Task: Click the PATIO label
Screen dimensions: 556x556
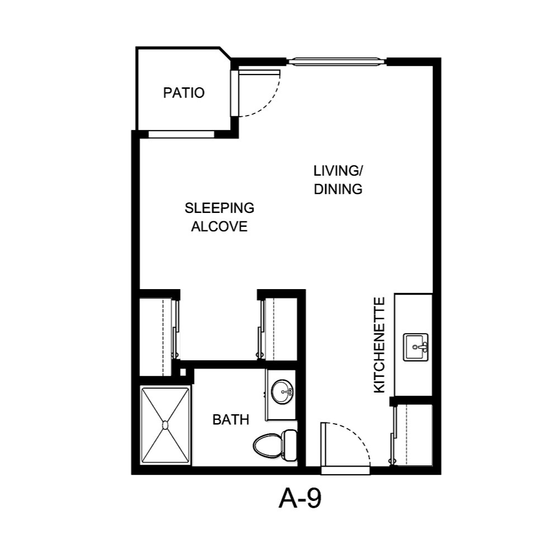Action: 183,93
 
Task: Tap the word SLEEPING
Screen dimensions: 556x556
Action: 219,208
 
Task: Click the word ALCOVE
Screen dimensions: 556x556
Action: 219,227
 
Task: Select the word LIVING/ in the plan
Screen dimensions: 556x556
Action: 339,170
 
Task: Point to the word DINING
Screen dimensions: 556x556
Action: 338,189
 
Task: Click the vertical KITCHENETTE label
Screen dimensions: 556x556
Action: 379,345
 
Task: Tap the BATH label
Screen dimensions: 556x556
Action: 231,420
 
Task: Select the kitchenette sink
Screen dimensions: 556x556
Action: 415,347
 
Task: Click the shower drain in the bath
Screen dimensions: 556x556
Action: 165,425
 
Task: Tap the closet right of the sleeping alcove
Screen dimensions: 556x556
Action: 281,328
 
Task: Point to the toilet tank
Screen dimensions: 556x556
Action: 290,444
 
